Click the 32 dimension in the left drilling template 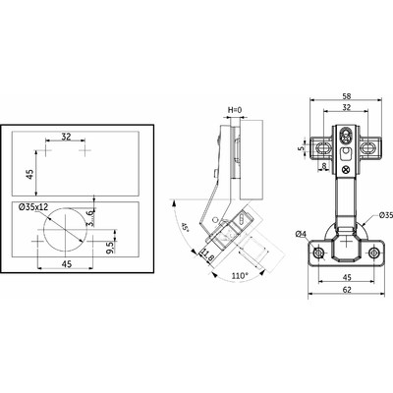coord(66,137)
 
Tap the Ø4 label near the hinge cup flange coord(302,232)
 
